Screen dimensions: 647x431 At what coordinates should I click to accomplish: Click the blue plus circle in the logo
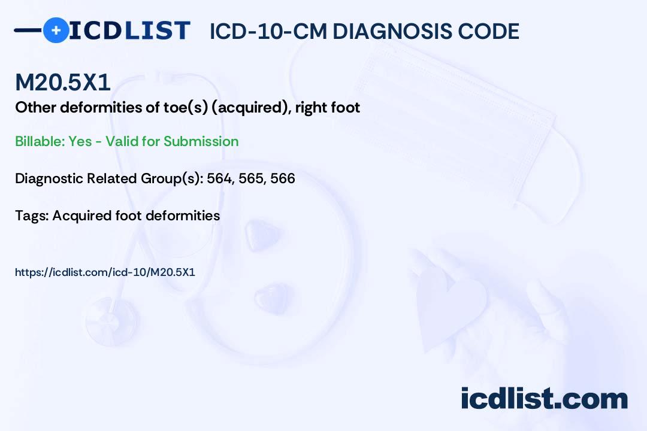click(56, 30)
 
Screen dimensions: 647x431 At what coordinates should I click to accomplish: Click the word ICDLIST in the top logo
click(129, 31)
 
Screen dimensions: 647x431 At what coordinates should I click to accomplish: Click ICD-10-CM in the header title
click(268, 32)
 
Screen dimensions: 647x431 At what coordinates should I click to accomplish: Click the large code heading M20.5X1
click(63, 82)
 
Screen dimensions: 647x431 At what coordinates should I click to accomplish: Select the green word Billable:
click(40, 141)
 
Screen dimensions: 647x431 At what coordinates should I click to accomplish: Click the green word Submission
click(201, 141)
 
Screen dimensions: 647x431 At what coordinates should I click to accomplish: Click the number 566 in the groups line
click(283, 178)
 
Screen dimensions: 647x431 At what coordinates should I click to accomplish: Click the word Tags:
click(32, 215)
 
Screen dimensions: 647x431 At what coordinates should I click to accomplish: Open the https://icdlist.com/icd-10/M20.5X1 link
click(105, 272)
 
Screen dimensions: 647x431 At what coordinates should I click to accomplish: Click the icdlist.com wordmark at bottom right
click(544, 398)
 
